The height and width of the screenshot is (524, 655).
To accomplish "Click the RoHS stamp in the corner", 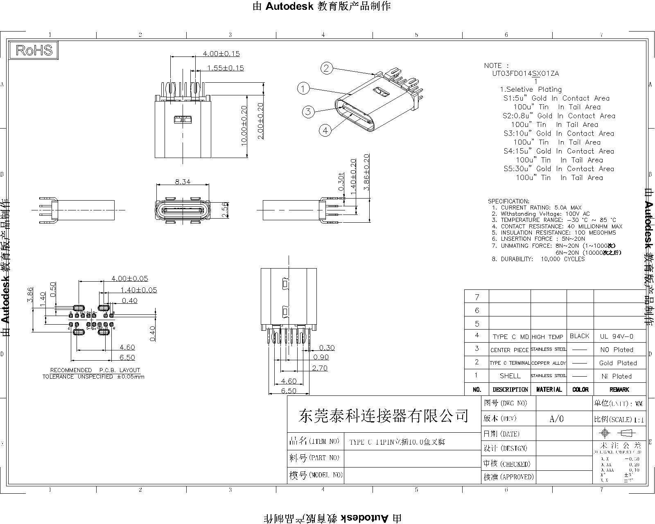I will point(34,50).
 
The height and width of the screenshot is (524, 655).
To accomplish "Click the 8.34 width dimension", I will point(183,181).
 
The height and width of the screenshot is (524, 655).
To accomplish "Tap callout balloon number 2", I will point(326,68).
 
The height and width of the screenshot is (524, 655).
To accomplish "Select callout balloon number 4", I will point(325,131).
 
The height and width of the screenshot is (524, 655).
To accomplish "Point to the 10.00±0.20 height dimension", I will point(244,126).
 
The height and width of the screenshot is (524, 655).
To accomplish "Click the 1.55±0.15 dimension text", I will point(225,68).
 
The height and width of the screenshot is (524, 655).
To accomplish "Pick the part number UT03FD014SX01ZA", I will point(525,74).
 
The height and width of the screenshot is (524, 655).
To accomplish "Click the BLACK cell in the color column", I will point(580,336).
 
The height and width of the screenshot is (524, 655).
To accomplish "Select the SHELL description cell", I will point(510,376).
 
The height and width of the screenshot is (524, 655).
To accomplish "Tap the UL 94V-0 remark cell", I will point(617,337).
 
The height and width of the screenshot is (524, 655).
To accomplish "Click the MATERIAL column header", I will point(549,389).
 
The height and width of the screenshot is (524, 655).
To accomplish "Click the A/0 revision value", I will point(556,419).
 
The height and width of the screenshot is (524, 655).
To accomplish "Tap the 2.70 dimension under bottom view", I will point(319,368).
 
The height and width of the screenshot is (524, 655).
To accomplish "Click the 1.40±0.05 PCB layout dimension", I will point(138,290).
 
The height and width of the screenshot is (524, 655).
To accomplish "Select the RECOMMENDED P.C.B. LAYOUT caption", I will point(95,370).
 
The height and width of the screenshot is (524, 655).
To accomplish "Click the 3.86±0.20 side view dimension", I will point(367,172).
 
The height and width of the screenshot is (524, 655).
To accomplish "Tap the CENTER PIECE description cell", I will point(509,350).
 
